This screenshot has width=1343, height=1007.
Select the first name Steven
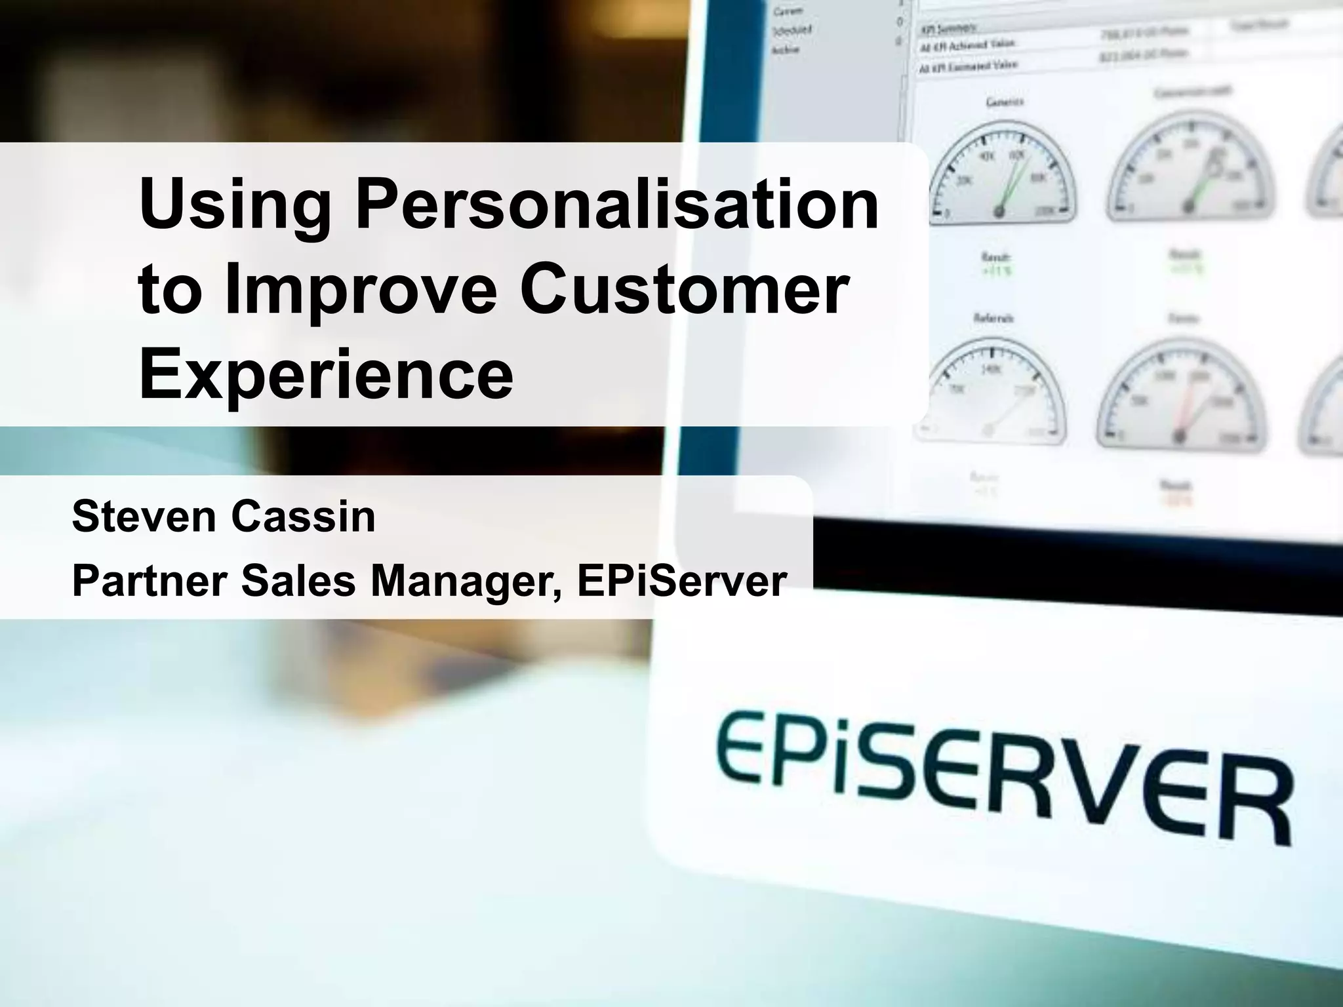(143, 517)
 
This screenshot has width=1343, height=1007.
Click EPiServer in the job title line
(681, 581)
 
